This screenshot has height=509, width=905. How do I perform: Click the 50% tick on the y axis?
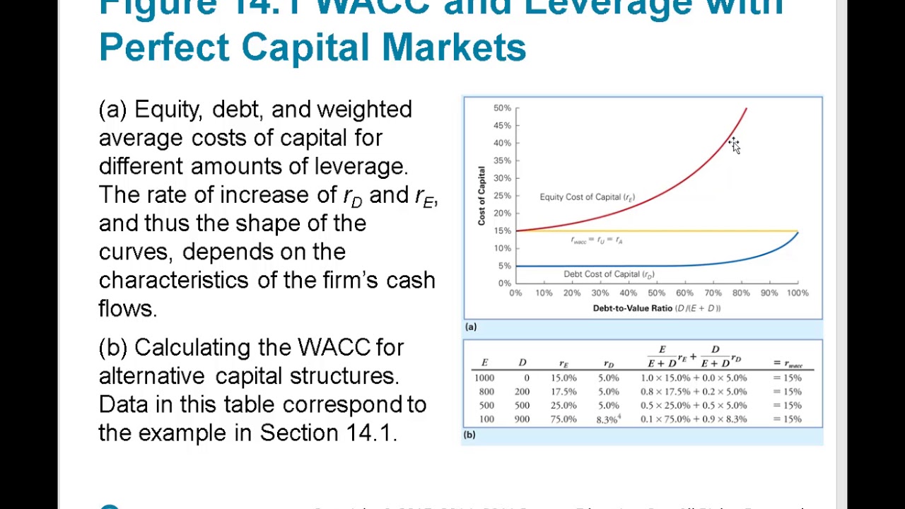tap(502, 108)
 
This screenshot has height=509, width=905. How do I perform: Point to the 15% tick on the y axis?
tap(502, 230)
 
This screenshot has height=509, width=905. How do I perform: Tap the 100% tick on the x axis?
tap(797, 293)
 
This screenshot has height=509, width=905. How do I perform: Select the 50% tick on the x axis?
tap(656, 293)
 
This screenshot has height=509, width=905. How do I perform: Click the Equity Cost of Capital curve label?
tap(587, 197)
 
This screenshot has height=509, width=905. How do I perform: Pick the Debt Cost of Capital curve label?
tap(608, 274)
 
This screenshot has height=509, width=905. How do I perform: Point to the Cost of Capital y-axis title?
tap(481, 196)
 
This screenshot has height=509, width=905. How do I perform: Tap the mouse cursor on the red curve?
tap(734, 145)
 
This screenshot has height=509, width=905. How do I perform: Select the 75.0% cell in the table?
tap(564, 419)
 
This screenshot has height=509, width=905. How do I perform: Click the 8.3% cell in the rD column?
tap(607, 419)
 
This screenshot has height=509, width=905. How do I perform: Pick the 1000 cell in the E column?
tap(484, 378)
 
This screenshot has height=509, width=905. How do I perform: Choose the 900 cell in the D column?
tap(522, 419)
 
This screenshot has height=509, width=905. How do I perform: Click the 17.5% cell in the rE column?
tap(564, 392)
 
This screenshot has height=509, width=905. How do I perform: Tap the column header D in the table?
tap(522, 363)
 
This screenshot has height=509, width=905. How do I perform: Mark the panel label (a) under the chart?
tap(471, 327)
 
